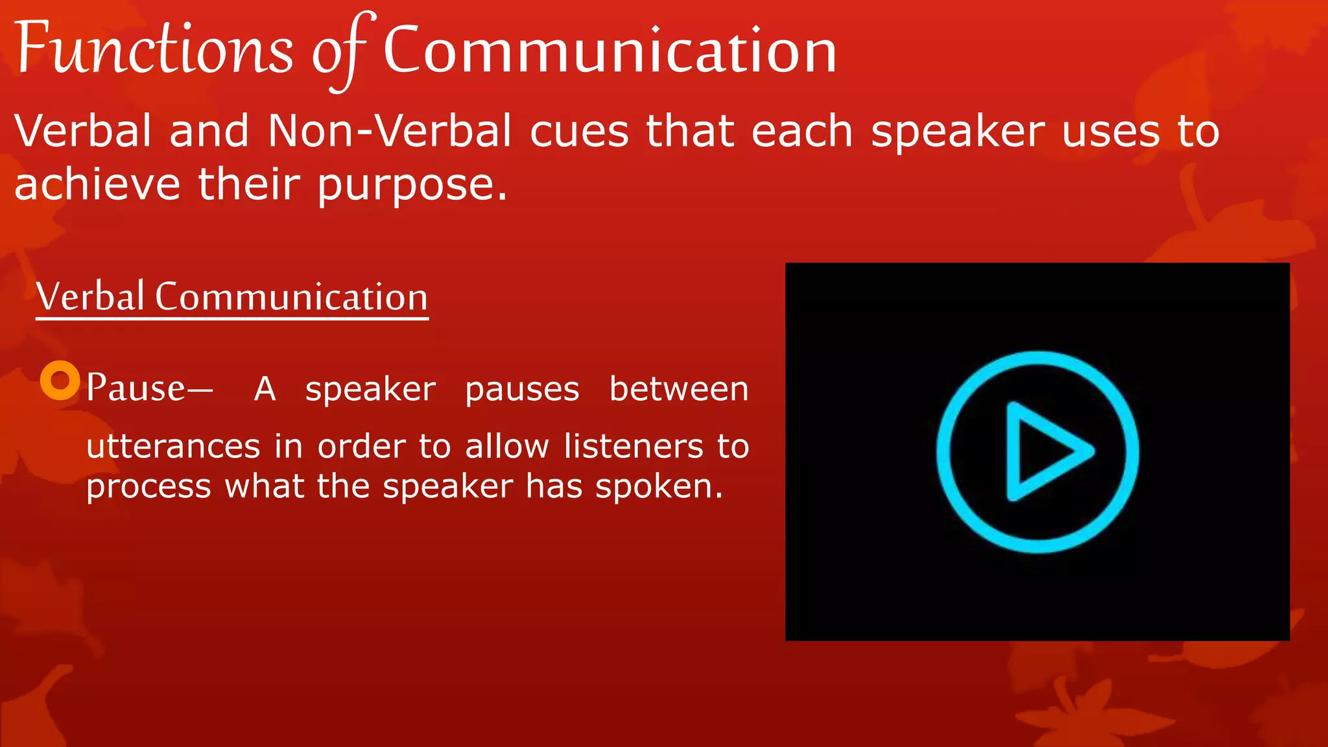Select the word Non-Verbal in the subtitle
389,131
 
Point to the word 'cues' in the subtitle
578,132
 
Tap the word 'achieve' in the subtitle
97,184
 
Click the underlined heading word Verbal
90,297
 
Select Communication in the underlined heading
291,297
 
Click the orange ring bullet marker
60,380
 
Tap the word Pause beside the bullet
136,388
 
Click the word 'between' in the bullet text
678,389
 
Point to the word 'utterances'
173,447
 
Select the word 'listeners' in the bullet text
633,447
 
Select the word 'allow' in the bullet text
506,447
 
